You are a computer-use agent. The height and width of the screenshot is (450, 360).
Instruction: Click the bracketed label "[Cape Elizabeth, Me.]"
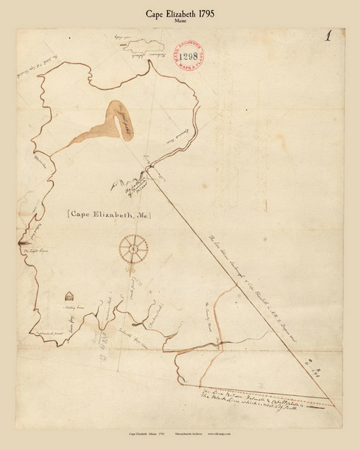click(109, 214)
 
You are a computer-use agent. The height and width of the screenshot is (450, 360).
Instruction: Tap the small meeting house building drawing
click(70, 295)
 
